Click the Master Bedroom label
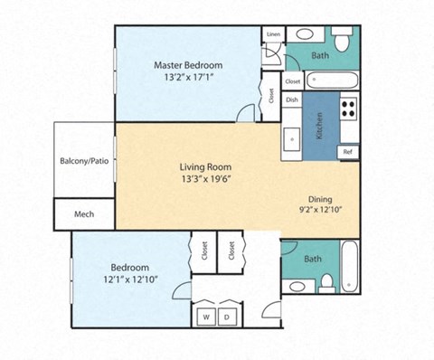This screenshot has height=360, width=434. tap(187, 64)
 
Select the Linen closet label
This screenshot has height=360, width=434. tap(272, 34)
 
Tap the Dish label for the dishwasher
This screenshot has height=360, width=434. tap(292, 100)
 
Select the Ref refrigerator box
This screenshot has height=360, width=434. tap(347, 151)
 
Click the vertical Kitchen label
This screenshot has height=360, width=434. tap(319, 130)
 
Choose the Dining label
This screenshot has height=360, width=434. tap(320, 199)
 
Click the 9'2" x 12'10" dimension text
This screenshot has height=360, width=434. tap(320, 211)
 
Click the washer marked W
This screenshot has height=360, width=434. tap(206, 317)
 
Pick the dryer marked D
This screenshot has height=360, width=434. tap(228, 317)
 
